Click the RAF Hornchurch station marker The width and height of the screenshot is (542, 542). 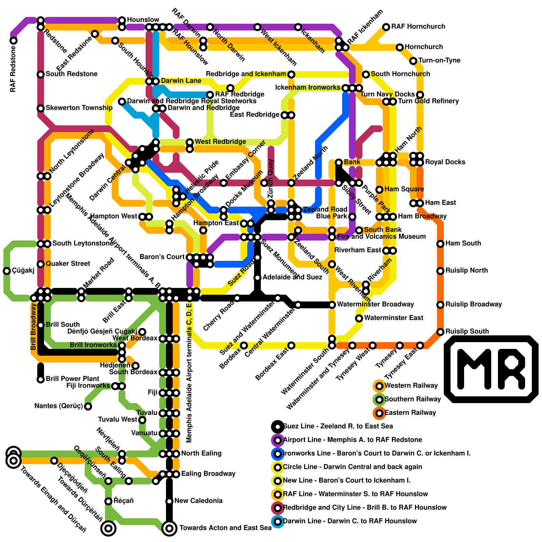coord(386,27)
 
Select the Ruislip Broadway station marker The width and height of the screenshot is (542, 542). coord(440,305)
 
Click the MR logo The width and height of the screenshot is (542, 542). coord(491,369)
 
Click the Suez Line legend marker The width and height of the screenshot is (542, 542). coord(278,426)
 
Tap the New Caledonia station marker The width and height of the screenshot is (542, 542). coord(169,501)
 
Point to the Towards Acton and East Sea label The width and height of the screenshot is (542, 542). coord(225,528)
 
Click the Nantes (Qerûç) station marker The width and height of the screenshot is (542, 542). coord(88,406)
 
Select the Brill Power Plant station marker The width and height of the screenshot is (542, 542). coord(41,379)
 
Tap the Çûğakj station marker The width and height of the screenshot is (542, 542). coord(7,271)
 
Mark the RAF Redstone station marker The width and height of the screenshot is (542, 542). coord(14,41)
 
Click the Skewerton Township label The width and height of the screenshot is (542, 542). coord(79,108)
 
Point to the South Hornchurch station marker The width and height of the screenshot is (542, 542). coord(366,74)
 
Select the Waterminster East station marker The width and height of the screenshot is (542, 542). coord(359,318)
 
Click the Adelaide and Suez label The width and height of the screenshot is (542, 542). coord(292,277)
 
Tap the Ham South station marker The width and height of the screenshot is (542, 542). coord(440,244)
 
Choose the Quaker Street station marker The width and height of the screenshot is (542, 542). coord(41,264)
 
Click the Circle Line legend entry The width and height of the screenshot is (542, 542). coord(352,467)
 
